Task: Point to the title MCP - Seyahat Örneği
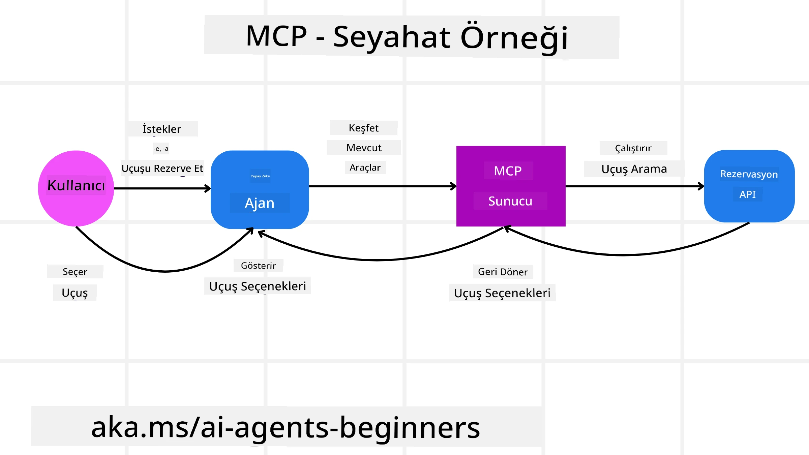[407, 37]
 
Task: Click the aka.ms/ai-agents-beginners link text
[286, 427]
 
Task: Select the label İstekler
[162, 129]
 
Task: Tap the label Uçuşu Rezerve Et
[162, 168]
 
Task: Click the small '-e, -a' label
[161, 149]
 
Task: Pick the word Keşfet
[364, 128]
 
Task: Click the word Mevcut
[364, 148]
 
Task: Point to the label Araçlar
[365, 168]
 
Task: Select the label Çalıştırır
[633, 148]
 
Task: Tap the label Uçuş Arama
[634, 169]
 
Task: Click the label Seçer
[75, 272]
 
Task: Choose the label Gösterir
[258, 266]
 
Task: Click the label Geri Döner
[503, 272]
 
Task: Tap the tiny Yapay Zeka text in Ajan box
[260, 176]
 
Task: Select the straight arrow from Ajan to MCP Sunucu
[383, 186]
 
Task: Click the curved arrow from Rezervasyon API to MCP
[624, 255]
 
